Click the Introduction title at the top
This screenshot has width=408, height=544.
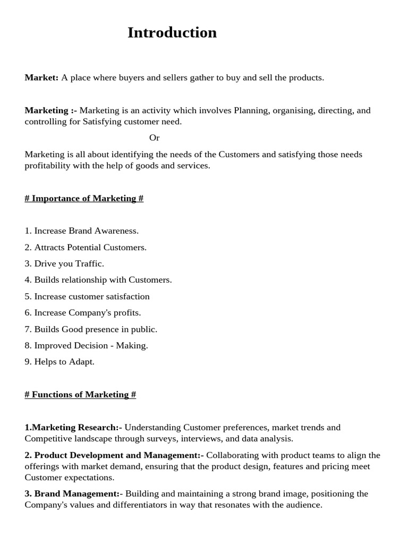point(172,33)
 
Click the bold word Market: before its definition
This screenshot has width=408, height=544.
point(41,78)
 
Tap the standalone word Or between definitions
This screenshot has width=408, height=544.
point(154,138)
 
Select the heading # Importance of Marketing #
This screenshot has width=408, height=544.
point(84,198)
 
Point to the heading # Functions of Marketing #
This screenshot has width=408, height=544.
point(80,394)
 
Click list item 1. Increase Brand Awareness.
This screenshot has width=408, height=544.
point(81,231)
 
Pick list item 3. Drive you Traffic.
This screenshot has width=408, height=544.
point(64,263)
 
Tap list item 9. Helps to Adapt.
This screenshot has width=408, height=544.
point(59,361)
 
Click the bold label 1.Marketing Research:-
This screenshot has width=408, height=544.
point(73,427)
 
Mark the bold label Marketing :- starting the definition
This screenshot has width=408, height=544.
point(50,110)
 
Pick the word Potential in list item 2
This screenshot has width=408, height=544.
point(84,247)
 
